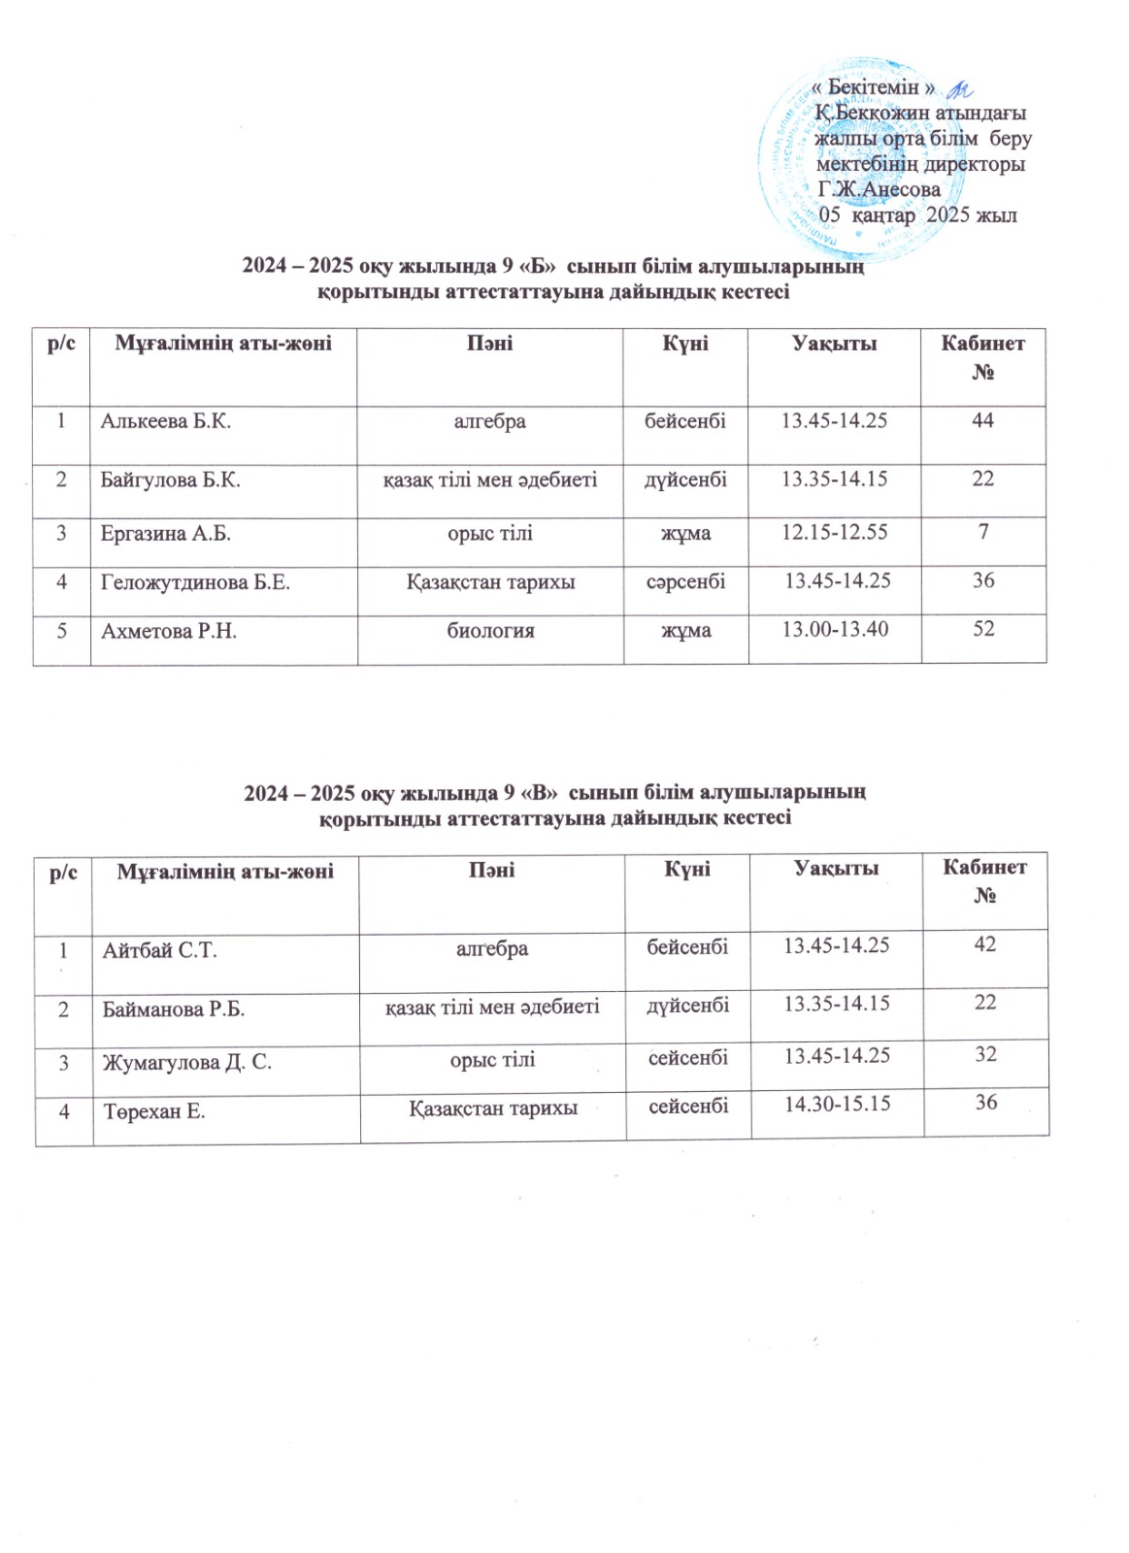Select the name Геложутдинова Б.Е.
pyautogui.click(x=196, y=581)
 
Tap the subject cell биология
pyautogui.click(x=490, y=631)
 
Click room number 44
pyautogui.click(x=982, y=420)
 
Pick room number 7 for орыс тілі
pyautogui.click(x=983, y=532)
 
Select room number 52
pyautogui.click(x=983, y=629)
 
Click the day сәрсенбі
pyautogui.click(x=685, y=581)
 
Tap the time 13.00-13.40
pyautogui.click(x=835, y=629)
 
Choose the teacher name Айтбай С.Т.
pyautogui.click(x=160, y=950)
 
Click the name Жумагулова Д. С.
pyautogui.click(x=187, y=1062)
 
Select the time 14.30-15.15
pyautogui.click(x=837, y=1103)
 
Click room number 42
pyautogui.click(x=985, y=943)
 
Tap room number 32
pyautogui.click(x=985, y=1054)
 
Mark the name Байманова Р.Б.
pyautogui.click(x=174, y=1009)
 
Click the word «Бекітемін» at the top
pyautogui.click(x=873, y=87)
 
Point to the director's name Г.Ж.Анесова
pyautogui.click(x=880, y=189)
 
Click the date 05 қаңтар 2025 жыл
pyautogui.click(x=918, y=215)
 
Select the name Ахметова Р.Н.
pyautogui.click(x=170, y=632)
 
